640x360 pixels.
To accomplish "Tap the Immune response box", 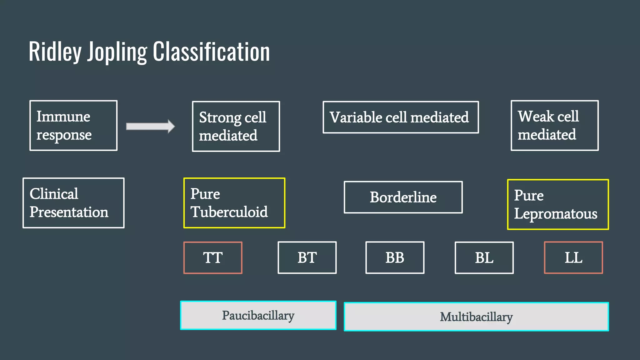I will [73, 126].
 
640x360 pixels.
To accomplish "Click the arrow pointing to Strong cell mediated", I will [150, 126].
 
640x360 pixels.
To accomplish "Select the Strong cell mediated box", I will [236, 127].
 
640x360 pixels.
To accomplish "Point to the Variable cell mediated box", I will [401, 117].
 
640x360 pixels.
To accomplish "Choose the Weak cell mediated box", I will [555, 126].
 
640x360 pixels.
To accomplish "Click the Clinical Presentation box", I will [73, 203].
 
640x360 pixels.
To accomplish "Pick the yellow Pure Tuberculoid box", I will [234, 203].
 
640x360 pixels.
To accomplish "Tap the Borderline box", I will [403, 197].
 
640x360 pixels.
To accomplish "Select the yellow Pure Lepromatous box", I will [558, 205].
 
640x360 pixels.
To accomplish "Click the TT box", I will [213, 258].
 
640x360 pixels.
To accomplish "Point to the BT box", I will [307, 258].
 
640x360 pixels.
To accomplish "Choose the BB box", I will [395, 258].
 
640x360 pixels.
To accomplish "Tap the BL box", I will [484, 258].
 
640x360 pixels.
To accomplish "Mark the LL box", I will [573, 258].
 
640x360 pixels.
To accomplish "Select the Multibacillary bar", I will [476, 317].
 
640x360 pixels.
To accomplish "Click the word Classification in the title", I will [211, 52].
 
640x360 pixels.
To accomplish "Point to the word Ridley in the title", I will [55, 52].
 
